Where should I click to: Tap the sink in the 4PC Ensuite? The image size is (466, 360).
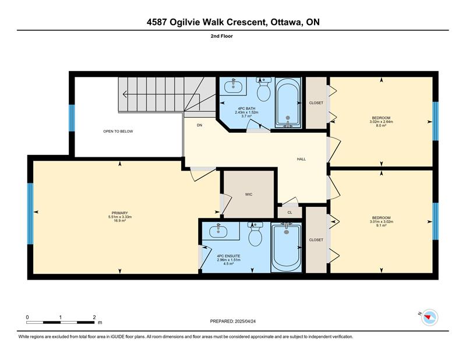[218, 231]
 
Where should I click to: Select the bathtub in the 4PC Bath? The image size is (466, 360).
[288, 103]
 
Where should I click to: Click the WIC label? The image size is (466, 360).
[249, 195]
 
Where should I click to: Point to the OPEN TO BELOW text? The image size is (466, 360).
[118, 132]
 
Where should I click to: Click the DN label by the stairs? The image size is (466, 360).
[199, 125]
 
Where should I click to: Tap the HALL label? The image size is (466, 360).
[301, 159]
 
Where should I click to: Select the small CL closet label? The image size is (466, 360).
[290, 213]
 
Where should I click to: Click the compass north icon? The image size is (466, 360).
[429, 317]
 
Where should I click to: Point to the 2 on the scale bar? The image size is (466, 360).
[94, 317]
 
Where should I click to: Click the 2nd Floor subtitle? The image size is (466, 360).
[222, 36]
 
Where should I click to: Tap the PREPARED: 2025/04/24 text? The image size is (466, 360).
[232, 321]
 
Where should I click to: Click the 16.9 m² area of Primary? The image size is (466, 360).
[120, 221]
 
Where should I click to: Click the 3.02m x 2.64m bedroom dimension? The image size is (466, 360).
[382, 122]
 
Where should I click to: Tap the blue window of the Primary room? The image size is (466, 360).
[30, 214]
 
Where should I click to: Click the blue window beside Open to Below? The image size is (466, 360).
[72, 118]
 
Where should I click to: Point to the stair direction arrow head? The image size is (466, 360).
[125, 94]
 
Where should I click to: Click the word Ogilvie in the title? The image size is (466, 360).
[185, 22]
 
